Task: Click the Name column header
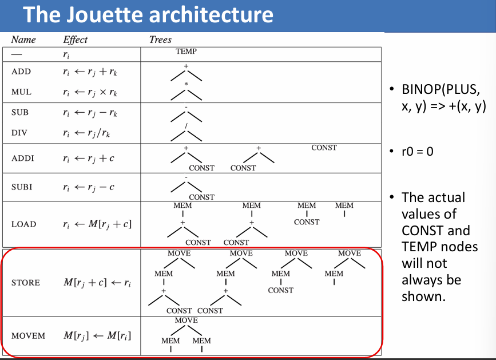23,39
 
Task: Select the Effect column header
76,39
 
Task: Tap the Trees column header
160,39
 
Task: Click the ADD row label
21,72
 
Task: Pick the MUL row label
21,92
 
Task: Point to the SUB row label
20,113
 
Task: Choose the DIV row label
20,133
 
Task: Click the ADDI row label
23,158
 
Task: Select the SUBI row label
23,187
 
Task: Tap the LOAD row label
23,224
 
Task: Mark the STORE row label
26,283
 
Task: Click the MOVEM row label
28,335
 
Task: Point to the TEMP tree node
187,52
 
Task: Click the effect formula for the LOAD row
97,224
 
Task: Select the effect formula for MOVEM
97,335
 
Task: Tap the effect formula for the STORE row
97,283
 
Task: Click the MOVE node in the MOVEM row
187,321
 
